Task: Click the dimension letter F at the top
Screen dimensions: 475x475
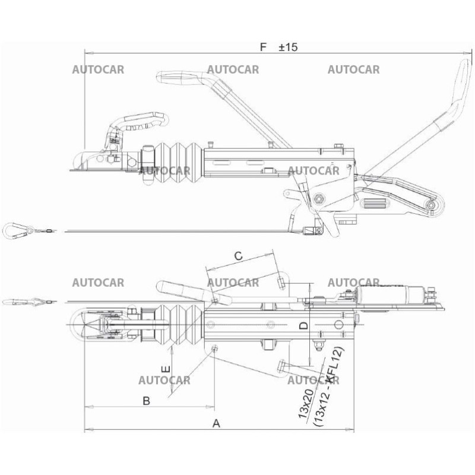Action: click(264, 46)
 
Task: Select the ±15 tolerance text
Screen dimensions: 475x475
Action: click(288, 47)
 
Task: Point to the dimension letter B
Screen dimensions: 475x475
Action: click(145, 401)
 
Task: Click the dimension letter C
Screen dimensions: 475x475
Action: click(238, 256)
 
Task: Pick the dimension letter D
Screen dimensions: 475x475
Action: click(302, 325)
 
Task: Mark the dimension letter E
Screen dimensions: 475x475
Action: click(166, 369)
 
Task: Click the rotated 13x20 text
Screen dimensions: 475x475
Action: click(306, 404)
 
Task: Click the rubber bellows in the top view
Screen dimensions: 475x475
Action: click(178, 324)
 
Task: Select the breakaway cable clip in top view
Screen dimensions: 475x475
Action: click(21, 302)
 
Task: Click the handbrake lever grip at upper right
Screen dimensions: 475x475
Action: click(460, 83)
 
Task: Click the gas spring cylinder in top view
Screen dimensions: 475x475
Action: click(386, 293)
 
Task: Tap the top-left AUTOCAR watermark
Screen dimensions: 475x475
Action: click(98, 69)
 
